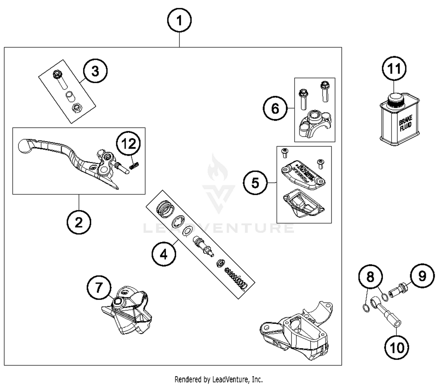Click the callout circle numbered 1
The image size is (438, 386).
(179, 20)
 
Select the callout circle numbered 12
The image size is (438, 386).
(128, 144)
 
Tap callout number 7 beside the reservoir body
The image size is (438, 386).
(99, 288)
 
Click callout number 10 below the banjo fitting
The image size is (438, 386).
(397, 347)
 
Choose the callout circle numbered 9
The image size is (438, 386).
(422, 276)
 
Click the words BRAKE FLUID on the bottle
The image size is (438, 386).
(406, 123)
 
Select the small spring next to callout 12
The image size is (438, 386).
(134, 165)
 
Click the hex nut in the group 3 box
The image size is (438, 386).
(77, 109)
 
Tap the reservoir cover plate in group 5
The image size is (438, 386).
(303, 174)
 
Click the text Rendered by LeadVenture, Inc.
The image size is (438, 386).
(218, 379)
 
